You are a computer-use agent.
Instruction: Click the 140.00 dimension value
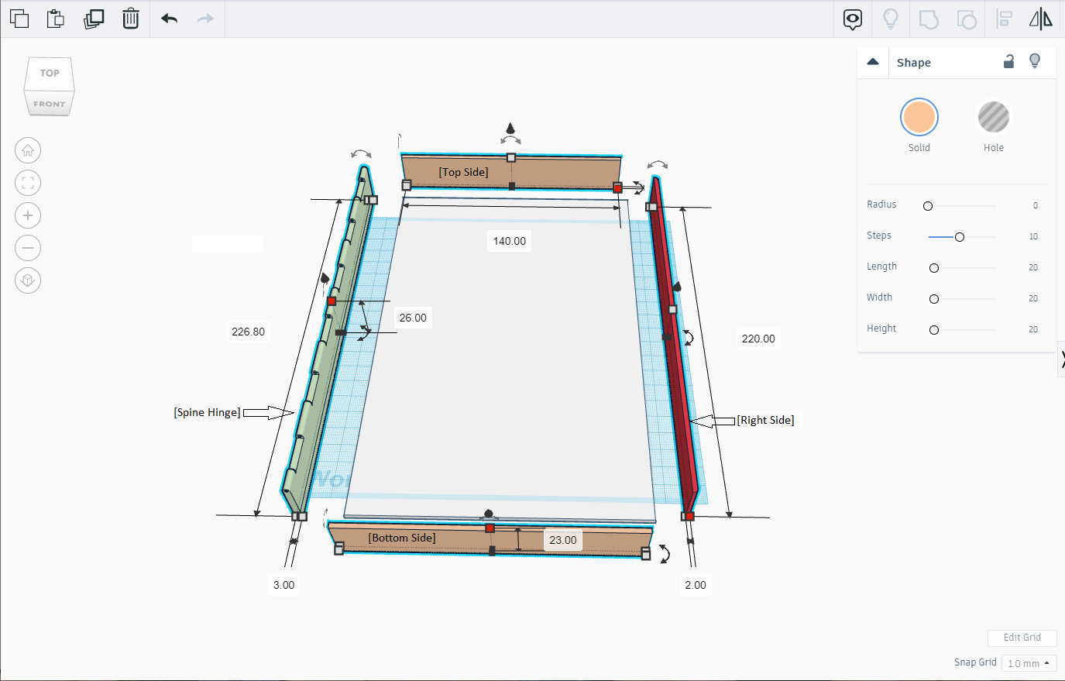tap(509, 241)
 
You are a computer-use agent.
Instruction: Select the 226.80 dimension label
tap(248, 332)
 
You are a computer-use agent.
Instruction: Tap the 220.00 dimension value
tap(758, 339)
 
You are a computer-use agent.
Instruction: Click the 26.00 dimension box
tap(413, 318)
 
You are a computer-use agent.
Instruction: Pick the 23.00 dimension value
tap(563, 540)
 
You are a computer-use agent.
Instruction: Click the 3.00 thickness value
tap(283, 585)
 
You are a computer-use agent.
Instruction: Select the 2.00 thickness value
tap(696, 585)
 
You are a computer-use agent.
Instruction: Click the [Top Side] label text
tap(463, 172)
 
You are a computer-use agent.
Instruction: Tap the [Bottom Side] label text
tap(402, 538)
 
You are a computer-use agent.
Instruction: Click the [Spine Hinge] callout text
tap(207, 412)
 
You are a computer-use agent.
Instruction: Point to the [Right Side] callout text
tap(765, 420)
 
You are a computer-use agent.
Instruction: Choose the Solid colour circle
tap(919, 118)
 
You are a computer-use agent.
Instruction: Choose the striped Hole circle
tap(993, 118)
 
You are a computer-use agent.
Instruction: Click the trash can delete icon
tap(131, 19)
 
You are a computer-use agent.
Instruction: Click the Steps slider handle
tap(959, 236)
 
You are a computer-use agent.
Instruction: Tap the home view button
tap(28, 150)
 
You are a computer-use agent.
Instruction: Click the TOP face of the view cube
tap(50, 74)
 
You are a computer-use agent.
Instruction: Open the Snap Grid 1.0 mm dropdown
tap(1029, 663)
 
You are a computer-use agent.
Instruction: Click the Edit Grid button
tap(1022, 638)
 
